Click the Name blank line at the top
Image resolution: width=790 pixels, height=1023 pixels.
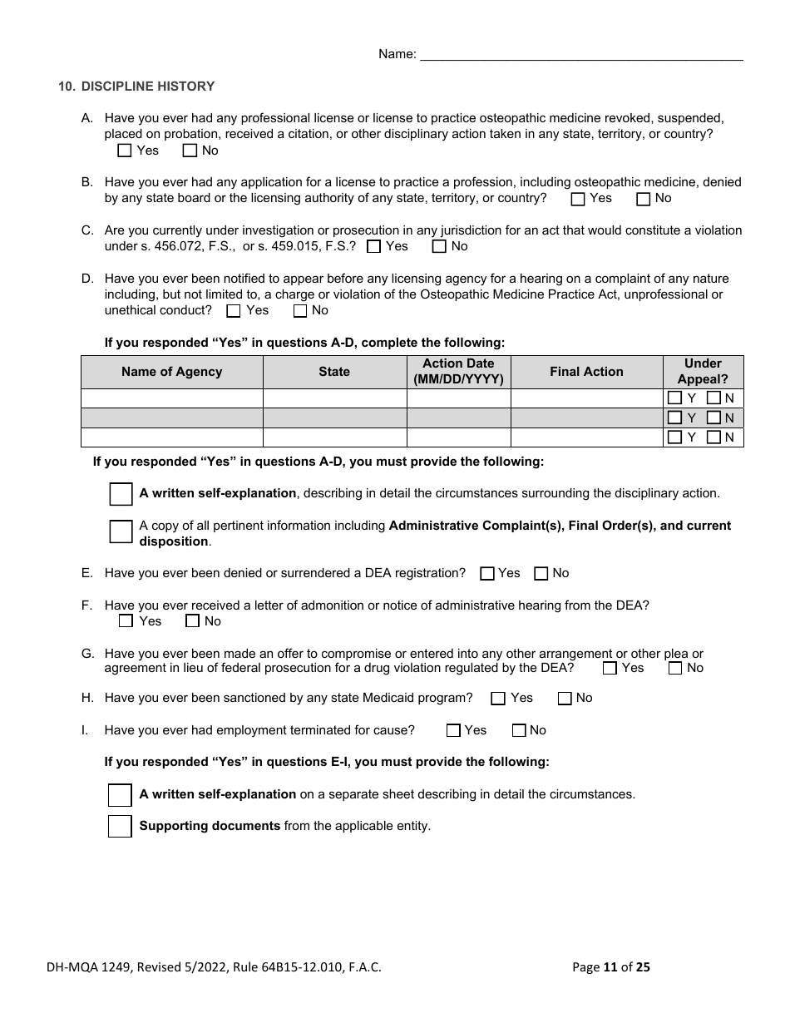[581, 55]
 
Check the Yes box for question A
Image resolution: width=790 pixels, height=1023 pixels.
[125, 151]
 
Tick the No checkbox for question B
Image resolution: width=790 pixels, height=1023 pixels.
[643, 199]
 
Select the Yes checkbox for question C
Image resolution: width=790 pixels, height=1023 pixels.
[373, 246]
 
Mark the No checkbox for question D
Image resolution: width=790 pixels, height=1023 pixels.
[300, 311]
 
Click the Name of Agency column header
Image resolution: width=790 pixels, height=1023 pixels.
[171, 372]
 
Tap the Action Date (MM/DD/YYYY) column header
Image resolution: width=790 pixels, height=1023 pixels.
[458, 372]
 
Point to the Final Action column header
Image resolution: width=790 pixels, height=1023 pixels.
[586, 372]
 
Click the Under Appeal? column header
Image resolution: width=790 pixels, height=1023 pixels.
[703, 372]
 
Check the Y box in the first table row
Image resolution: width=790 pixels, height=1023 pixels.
[674, 398]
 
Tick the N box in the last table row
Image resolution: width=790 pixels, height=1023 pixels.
[713, 437]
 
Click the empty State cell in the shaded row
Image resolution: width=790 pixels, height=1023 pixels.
[334, 418]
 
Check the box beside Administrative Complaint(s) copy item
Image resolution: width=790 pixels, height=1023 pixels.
[121, 532]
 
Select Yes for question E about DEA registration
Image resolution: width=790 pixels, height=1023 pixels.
[487, 573]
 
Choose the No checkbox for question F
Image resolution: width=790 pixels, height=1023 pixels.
[192, 621]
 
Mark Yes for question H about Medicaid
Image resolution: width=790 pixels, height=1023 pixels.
[498, 699]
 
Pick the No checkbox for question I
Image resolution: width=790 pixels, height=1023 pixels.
[519, 730]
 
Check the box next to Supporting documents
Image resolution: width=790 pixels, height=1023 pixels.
[120, 827]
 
